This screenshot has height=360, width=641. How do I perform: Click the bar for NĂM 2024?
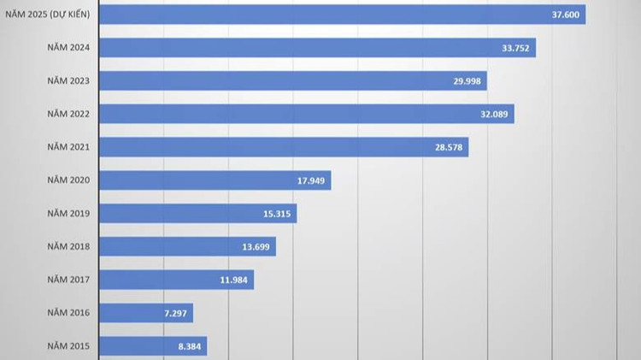pyautogui.click(x=317, y=48)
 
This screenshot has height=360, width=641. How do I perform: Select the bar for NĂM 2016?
pyautogui.click(x=146, y=313)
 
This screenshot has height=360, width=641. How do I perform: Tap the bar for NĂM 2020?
pyautogui.click(x=215, y=180)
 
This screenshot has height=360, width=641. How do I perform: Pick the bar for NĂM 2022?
pyautogui.click(x=307, y=114)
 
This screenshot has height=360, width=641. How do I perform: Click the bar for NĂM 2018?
pyautogui.click(x=187, y=246)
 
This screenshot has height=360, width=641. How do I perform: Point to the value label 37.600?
pyautogui.click(x=565, y=15)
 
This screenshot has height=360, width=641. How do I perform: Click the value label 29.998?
pyautogui.click(x=467, y=81)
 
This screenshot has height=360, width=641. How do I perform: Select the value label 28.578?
pyautogui.click(x=449, y=147)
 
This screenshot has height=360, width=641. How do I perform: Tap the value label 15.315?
pyautogui.click(x=277, y=214)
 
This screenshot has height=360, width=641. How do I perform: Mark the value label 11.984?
pyautogui.click(x=234, y=280)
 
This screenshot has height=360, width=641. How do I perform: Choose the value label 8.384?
pyautogui.click(x=187, y=346)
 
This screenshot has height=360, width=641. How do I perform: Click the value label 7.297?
pyautogui.click(x=173, y=313)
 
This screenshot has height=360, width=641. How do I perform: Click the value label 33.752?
pyautogui.click(x=515, y=48)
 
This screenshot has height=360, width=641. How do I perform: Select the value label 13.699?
pyautogui.click(x=256, y=246)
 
